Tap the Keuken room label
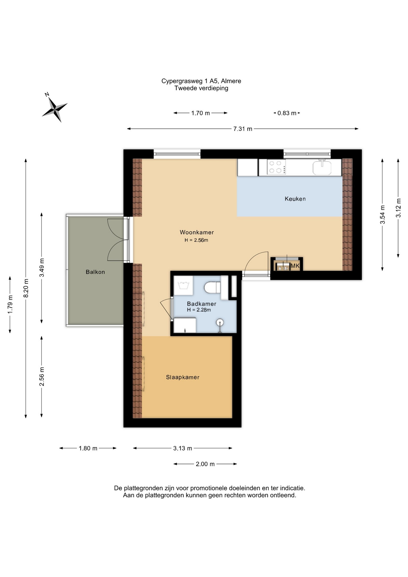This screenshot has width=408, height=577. click(x=295, y=199)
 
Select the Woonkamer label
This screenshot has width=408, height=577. click(x=197, y=232)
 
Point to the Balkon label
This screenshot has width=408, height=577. click(x=95, y=272)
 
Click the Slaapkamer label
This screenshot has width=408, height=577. click(x=183, y=377)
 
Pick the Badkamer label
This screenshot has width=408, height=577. click(x=202, y=304)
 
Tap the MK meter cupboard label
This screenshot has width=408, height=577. click(x=295, y=266)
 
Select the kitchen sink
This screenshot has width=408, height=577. click(x=322, y=167)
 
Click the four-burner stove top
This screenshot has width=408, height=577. click(x=276, y=167)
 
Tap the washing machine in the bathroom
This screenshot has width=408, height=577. click(x=183, y=285)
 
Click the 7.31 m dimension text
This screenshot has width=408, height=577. click(x=243, y=129)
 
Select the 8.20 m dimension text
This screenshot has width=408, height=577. click(x=26, y=288)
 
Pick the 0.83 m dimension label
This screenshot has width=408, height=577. click(x=287, y=113)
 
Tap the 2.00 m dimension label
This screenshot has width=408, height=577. click(x=205, y=464)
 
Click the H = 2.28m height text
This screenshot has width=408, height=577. click(x=199, y=310)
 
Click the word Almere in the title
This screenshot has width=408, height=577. click(x=231, y=81)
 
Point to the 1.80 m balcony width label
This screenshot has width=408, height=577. click(x=88, y=448)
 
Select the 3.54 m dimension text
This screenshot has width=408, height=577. click(x=382, y=215)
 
